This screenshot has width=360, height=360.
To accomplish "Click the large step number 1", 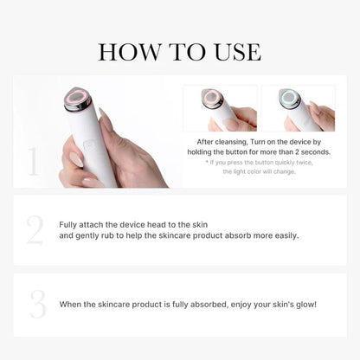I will pos(34,162).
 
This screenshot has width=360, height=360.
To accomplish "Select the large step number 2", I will pos(35,231).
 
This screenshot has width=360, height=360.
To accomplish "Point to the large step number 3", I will pos(37,304).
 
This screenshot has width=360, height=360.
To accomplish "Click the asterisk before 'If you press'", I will pos(207,162).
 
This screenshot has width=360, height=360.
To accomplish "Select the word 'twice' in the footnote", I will pos(299,162).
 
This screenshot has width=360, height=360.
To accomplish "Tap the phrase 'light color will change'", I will pos(264,171).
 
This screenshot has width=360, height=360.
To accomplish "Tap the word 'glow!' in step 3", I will pos(302,304).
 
